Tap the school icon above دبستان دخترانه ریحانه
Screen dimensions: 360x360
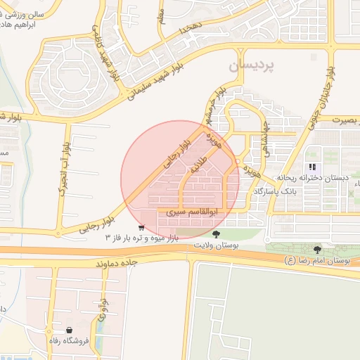pyautogui.click(x=312, y=167)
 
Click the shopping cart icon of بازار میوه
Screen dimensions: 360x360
pyautogui.click(x=141, y=228)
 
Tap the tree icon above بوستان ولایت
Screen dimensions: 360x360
pyautogui.click(x=215, y=234)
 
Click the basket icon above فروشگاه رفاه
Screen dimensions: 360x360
pyautogui.click(x=69, y=330)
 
